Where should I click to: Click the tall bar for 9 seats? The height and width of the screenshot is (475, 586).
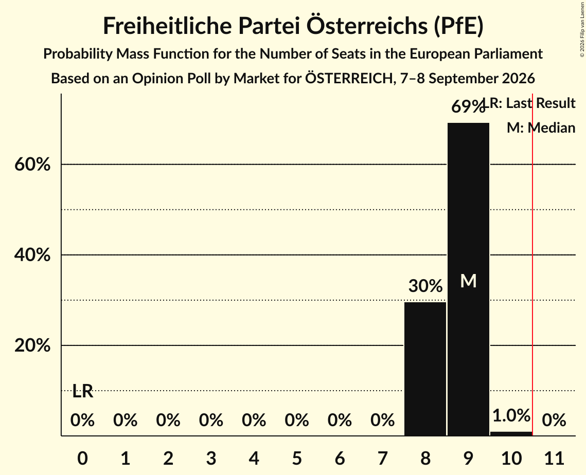(468, 279)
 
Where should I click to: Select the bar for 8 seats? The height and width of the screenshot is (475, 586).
(425, 369)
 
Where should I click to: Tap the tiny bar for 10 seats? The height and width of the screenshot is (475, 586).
(511, 433)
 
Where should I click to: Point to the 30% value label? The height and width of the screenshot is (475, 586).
(425, 286)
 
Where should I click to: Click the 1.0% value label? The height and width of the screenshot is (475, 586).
(511, 415)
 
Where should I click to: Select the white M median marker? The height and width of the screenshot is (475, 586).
(468, 281)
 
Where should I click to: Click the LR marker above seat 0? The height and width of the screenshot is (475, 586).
(82, 391)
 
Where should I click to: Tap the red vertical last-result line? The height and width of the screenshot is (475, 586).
(532, 264)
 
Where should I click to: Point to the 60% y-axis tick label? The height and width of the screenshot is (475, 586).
(32, 165)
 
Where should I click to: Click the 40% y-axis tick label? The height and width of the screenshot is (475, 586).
(32, 255)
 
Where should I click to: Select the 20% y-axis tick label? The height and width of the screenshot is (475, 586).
(32, 345)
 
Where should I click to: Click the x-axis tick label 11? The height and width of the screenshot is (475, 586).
(554, 458)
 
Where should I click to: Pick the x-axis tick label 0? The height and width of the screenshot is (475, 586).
(82, 458)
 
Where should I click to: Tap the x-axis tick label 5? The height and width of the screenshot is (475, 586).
(297, 458)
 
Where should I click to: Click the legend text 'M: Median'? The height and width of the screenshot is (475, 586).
(541, 127)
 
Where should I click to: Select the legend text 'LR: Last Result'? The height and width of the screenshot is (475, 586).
(529, 103)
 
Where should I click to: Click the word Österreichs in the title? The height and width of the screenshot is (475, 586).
(367, 26)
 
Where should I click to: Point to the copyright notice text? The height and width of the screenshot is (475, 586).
(582, 29)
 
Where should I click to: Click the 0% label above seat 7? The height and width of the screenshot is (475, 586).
(382, 420)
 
